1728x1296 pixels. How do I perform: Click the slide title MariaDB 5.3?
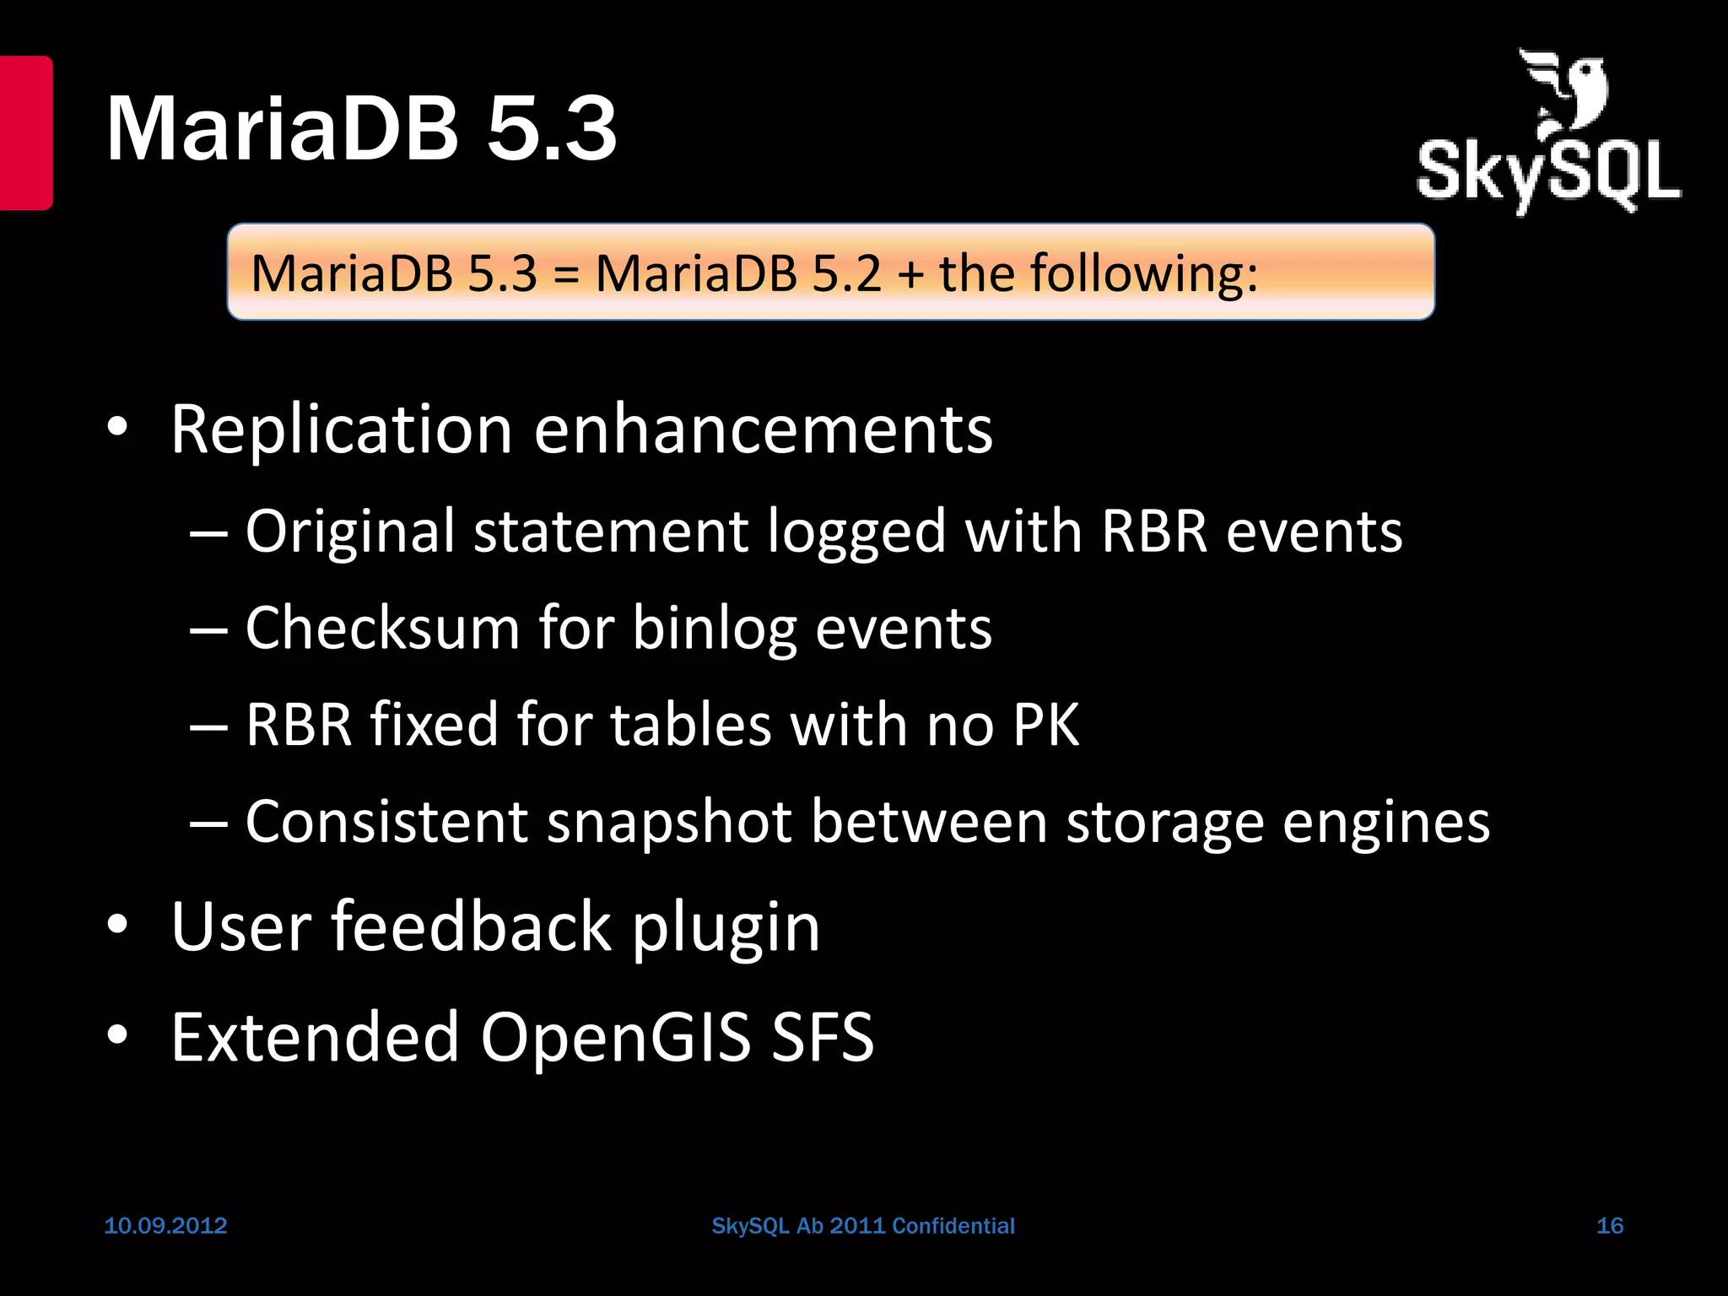click(x=361, y=128)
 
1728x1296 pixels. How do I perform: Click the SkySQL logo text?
click(x=1548, y=173)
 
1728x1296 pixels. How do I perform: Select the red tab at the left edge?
click(x=25, y=132)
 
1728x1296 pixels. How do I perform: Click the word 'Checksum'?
click(x=382, y=628)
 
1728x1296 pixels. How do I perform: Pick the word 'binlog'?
click(x=714, y=629)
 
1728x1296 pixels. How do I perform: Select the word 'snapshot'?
click(x=669, y=822)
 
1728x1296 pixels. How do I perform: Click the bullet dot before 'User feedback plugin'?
click(x=117, y=925)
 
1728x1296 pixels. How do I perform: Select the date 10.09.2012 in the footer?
click(x=165, y=1225)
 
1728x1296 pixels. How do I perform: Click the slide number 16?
click(x=1610, y=1225)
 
